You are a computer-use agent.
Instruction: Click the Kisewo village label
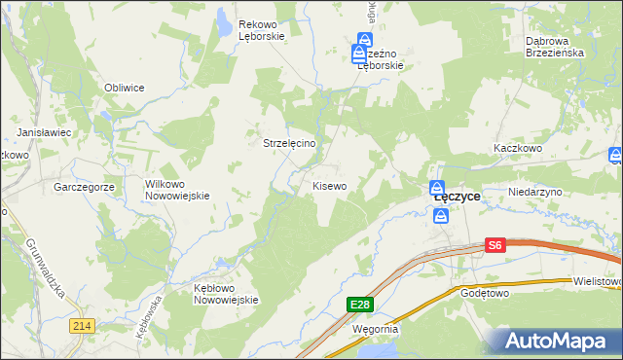click(x=329, y=185)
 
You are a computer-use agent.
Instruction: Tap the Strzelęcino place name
click(x=297, y=142)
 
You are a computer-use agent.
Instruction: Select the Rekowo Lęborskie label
click(x=261, y=30)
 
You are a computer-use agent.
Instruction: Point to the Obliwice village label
click(x=125, y=88)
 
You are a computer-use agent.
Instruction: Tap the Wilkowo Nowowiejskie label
click(x=177, y=189)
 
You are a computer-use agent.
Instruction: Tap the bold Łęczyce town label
click(x=457, y=196)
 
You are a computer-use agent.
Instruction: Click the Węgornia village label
click(x=375, y=329)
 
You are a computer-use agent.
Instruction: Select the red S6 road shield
click(x=495, y=246)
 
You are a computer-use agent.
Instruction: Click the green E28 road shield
click(x=360, y=305)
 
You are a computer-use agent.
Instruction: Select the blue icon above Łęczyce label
click(x=438, y=188)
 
